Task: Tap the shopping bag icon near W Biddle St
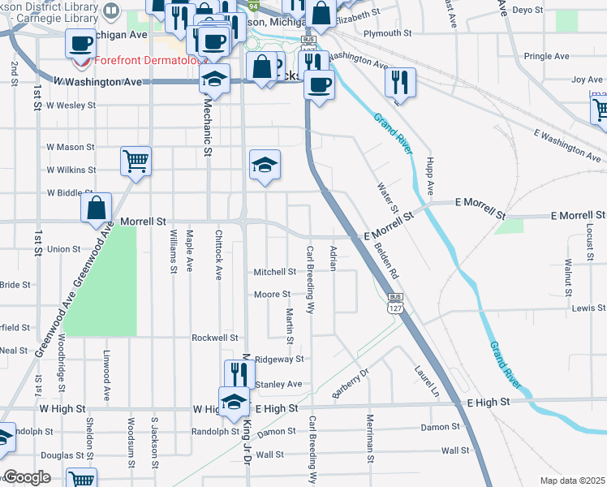click(97, 208)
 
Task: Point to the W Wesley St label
click(71, 106)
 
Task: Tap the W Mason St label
click(71, 147)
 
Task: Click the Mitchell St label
click(274, 272)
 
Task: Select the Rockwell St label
click(214, 338)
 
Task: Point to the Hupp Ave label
click(431, 176)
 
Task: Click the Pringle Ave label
click(547, 56)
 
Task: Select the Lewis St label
click(588, 309)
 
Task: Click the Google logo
click(27, 477)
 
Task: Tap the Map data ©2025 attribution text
click(572, 481)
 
